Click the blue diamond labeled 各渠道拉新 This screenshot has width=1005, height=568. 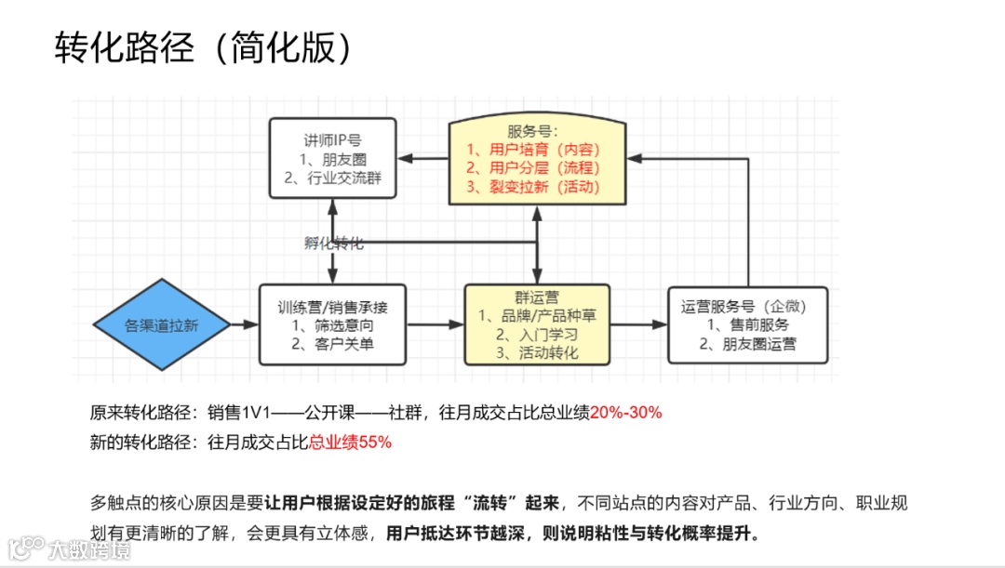click(161, 325)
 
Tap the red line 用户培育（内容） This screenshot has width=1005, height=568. click(533, 150)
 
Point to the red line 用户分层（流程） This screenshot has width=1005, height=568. click(533, 168)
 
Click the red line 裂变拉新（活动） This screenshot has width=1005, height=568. click(533, 187)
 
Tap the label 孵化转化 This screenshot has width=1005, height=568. click(334, 244)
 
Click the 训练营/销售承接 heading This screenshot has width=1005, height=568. click(332, 307)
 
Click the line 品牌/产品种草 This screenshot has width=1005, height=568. click(537, 316)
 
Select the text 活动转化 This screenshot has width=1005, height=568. click(549, 353)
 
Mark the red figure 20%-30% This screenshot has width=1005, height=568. click(625, 413)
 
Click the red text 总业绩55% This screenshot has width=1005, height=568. click(350, 443)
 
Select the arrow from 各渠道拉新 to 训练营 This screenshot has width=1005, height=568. click(242, 324)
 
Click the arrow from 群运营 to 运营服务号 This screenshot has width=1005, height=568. click(638, 324)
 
